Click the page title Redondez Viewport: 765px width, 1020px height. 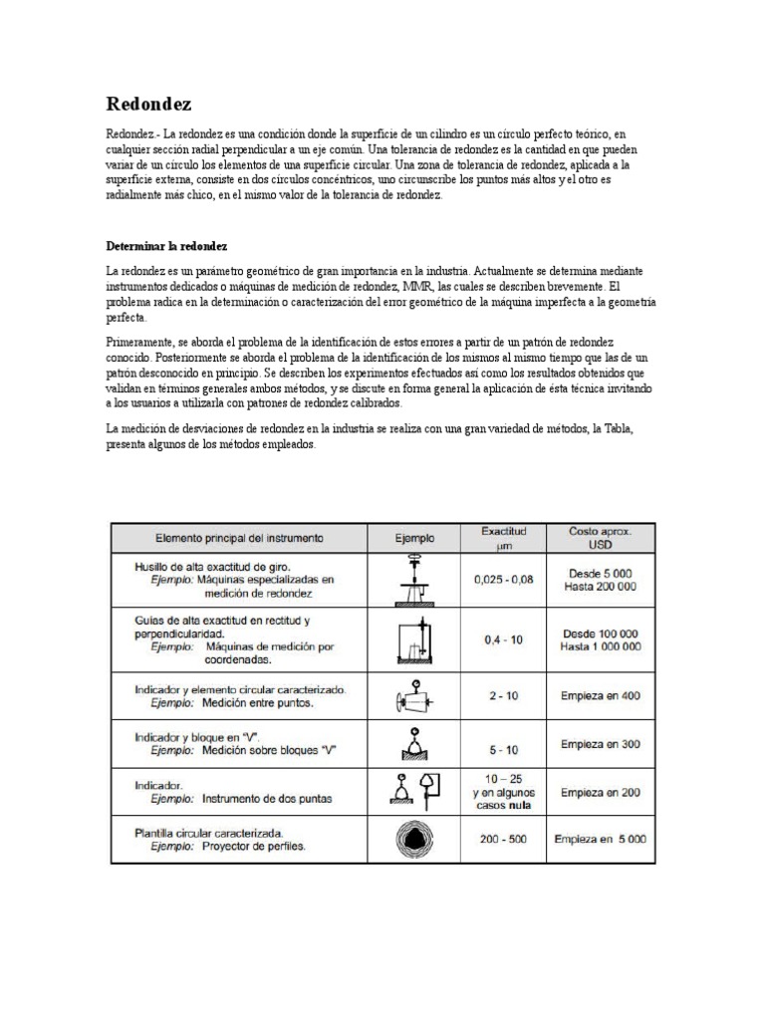coord(149,105)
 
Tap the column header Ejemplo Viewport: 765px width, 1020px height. coord(414,539)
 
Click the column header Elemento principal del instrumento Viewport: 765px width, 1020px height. coord(238,539)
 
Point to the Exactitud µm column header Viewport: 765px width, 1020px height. coord(503,539)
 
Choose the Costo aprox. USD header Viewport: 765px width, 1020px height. coord(601,539)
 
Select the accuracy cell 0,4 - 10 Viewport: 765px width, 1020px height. coord(503,639)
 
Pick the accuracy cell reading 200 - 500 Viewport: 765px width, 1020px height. coord(503,839)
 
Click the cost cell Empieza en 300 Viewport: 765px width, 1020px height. coord(601,744)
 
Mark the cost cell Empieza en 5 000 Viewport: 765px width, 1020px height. coord(601,839)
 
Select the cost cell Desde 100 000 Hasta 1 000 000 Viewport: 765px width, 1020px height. coord(601,639)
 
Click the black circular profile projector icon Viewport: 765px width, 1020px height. coord(414,839)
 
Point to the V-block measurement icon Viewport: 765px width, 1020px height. coord(414,742)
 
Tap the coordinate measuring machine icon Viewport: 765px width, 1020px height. coord(414,638)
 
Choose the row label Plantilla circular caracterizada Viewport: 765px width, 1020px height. coord(209,832)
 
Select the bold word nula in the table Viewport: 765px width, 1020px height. coord(517,805)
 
